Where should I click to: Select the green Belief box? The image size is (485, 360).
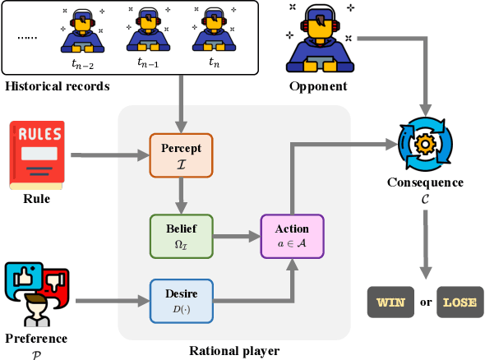pos(181,236)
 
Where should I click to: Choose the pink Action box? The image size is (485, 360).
pos(293,237)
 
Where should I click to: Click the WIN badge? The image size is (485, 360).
pos(389,302)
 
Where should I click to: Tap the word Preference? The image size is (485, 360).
pos(36,338)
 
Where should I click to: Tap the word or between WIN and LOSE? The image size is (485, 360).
pos(425,302)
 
